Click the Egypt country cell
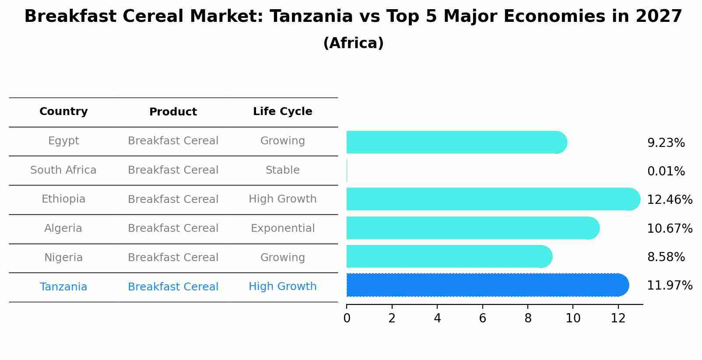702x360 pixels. click(63, 141)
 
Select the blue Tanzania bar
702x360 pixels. click(486, 285)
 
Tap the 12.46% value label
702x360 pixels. click(669, 200)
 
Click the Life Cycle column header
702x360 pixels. click(282, 112)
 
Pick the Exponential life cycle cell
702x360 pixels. click(282, 228)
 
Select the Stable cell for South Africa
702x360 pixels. click(282, 170)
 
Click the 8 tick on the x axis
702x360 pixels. click(528, 318)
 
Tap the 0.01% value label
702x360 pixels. click(666, 171)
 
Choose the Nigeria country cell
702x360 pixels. click(63, 258)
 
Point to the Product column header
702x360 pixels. click(173, 112)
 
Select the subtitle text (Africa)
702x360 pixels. click(353, 43)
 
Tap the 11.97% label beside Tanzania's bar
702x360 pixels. click(669, 286)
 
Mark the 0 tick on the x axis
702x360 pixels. click(347, 318)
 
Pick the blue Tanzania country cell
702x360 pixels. click(63, 287)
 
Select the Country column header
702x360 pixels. click(63, 112)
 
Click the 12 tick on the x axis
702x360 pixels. click(618, 318)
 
